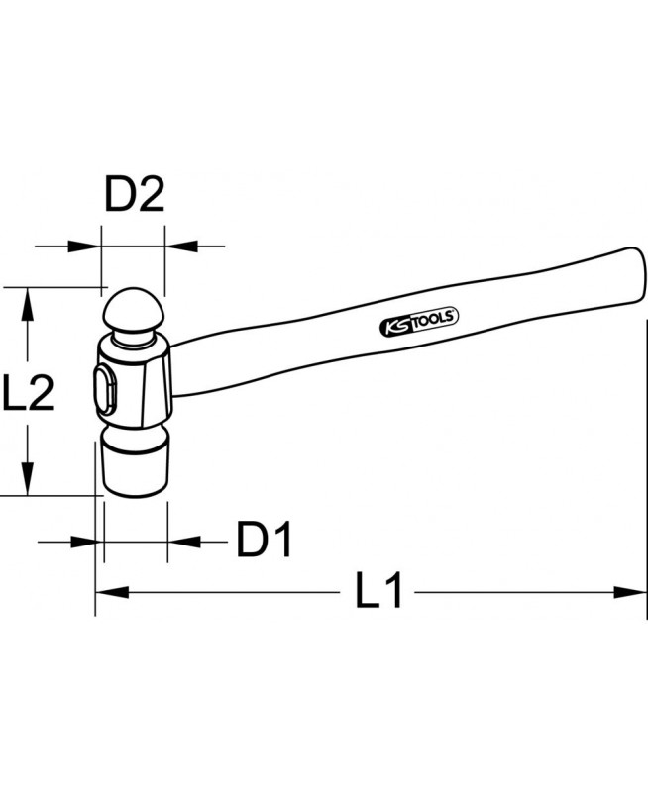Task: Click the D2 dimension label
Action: tap(134, 196)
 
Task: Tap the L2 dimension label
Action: tap(27, 394)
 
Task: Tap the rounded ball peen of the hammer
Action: tap(134, 309)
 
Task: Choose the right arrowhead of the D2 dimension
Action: tap(180, 246)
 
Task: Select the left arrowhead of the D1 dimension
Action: tap(85, 541)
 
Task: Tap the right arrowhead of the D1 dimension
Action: tap(184, 541)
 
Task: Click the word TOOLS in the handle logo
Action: tap(432, 318)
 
